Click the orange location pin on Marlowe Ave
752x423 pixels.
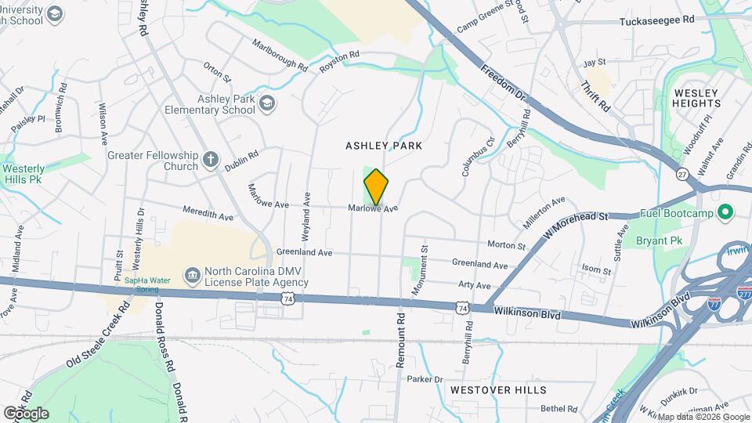[376, 187]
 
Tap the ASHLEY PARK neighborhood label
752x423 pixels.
[384, 146]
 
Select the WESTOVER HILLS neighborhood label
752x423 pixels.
[498, 389]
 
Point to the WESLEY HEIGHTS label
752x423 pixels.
[696, 98]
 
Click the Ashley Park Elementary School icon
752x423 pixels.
[267, 103]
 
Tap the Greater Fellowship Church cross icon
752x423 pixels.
[210, 161]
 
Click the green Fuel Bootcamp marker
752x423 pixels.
[725, 211]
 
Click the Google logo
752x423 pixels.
[25, 414]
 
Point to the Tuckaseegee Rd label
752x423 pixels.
[657, 20]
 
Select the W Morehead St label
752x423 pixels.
[578, 222]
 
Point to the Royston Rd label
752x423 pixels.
[338, 63]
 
